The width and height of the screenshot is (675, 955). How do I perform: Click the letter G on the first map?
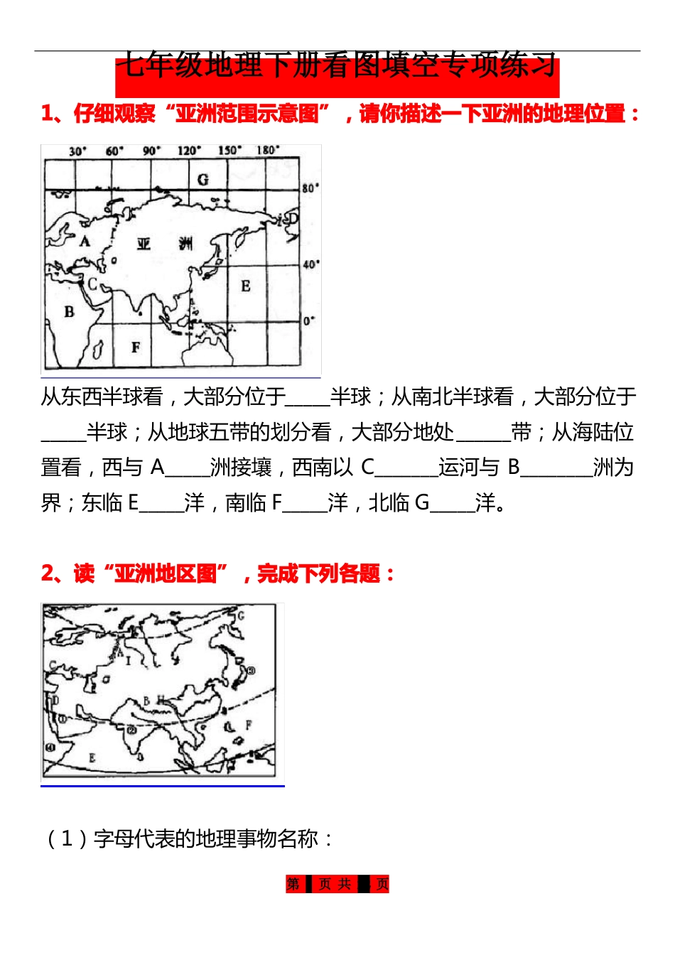tap(203, 179)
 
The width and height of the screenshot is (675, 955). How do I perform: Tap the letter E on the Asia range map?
tap(246, 286)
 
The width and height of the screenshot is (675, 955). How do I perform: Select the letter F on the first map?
tap(136, 347)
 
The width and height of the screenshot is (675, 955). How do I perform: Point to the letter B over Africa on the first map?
tap(69, 311)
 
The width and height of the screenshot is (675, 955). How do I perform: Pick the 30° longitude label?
tap(77, 151)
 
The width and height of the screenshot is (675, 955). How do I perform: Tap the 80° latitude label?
tap(311, 188)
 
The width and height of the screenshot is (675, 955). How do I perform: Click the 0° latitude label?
tap(309, 321)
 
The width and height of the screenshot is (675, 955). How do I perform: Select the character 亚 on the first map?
tap(144, 244)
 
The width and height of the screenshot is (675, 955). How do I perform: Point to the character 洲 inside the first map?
tap(186, 244)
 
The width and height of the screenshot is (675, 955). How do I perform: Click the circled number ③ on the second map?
tap(250, 670)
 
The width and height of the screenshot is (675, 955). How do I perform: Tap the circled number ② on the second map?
tap(131, 730)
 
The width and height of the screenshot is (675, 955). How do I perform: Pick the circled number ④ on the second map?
tap(50, 748)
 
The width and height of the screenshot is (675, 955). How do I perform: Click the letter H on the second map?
tap(161, 701)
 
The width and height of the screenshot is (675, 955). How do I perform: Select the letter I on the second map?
tap(129, 661)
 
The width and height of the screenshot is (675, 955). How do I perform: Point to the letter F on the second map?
tap(249, 725)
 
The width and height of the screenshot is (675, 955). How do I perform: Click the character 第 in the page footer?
tap(293, 884)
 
